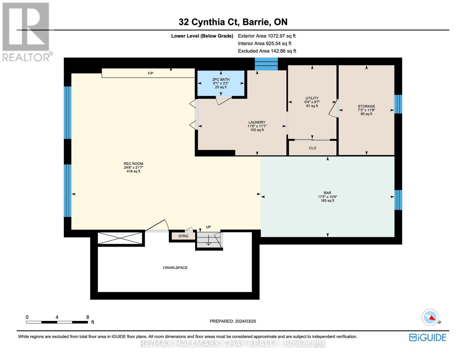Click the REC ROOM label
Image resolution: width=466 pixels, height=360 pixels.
134,164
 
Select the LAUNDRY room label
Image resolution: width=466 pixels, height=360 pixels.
257,122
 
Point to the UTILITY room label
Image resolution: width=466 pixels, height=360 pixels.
312,98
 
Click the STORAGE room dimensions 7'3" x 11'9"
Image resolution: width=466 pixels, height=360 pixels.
366,110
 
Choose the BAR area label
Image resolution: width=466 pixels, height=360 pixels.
327,193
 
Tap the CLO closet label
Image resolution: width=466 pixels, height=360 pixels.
312,148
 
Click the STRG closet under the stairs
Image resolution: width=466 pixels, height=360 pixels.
183,236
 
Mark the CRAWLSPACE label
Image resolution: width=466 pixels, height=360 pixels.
175,268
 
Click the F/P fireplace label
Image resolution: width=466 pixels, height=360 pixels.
150,73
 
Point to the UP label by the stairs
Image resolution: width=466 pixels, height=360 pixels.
208,227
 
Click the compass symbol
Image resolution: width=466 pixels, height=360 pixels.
430,317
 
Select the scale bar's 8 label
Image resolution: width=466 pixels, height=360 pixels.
88,317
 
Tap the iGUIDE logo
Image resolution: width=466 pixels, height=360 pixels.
428,337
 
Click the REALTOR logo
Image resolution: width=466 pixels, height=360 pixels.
26,31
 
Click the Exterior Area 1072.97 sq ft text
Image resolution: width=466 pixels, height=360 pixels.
266,36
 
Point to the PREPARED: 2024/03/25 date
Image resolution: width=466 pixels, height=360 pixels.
233,321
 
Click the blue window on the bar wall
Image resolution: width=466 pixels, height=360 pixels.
398,200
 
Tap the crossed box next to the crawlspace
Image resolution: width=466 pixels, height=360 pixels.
120,238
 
